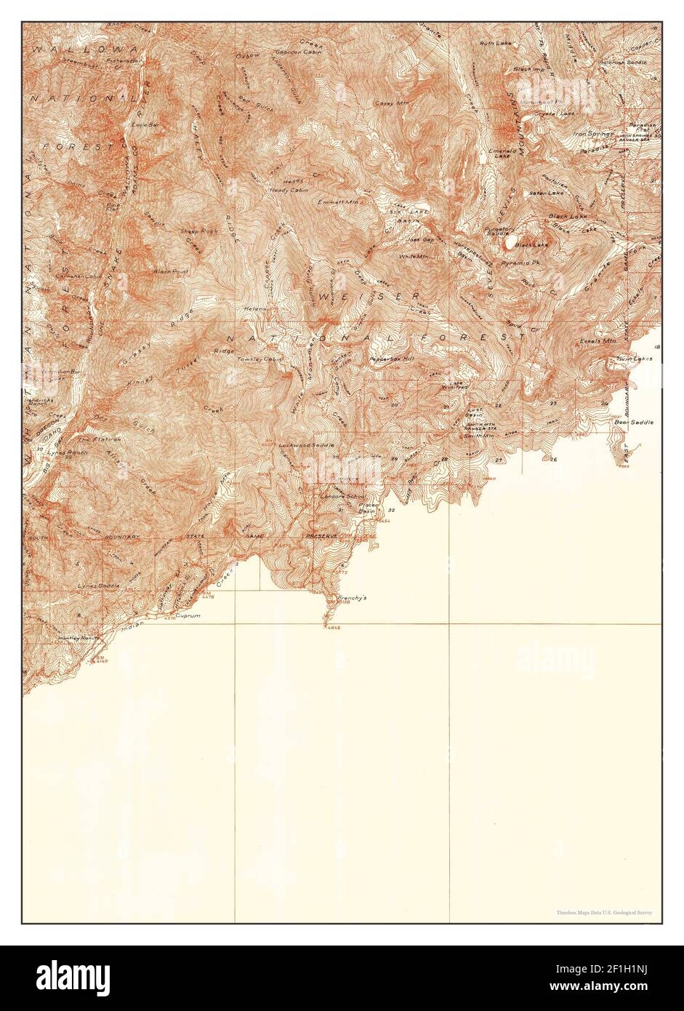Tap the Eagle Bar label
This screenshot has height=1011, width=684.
pos(145,124)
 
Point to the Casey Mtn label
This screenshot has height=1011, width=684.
pos(393,103)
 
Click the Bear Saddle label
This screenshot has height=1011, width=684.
pos(634,422)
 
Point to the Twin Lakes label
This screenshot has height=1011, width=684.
pos(635,359)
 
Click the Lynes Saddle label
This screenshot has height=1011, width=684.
pos(98,586)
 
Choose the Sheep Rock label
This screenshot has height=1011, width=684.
pos(199,231)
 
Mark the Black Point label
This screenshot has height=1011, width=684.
pos(171,271)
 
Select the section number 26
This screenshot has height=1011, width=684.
pos(553,460)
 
